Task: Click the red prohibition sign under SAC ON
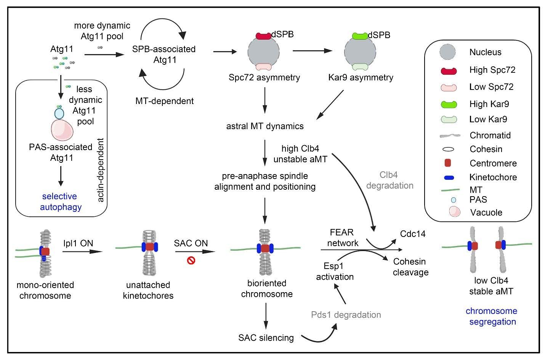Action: tap(191, 261)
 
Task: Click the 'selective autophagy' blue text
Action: tap(60, 202)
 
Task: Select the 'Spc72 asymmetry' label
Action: tap(264, 78)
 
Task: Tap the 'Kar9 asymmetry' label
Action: tap(361, 78)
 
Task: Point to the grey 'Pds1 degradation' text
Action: tap(346, 315)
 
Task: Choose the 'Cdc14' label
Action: tap(413, 234)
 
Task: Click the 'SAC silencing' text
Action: tap(266, 338)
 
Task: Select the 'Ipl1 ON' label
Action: tap(79, 243)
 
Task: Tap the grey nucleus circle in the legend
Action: tap(448, 52)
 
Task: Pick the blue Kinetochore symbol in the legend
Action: tap(449, 178)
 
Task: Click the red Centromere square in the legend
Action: tap(448, 163)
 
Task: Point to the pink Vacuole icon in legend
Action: tap(455, 212)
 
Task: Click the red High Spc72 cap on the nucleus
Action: tap(263, 36)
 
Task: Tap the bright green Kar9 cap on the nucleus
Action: tap(360, 36)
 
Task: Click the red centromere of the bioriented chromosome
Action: tap(265, 248)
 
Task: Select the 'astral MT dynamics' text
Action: tap(265, 126)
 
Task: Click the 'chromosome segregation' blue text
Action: tap(491, 316)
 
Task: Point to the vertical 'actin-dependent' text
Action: tap(101, 170)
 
